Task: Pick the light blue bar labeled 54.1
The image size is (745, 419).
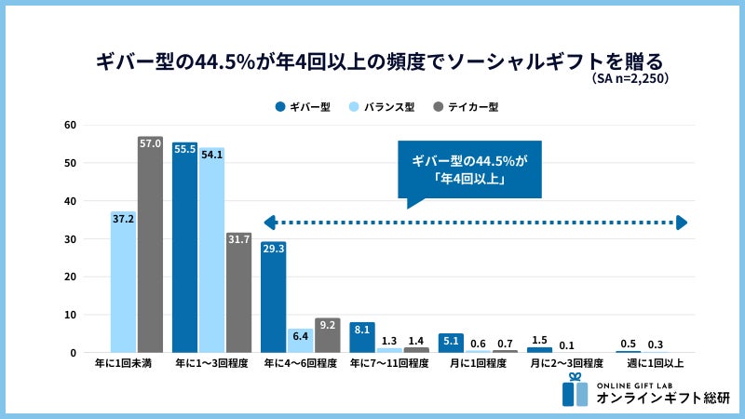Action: coord(211,250)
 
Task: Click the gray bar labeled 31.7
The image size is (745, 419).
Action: coord(238,292)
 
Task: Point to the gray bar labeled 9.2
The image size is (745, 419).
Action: coord(327,335)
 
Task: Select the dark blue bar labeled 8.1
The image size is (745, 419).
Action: coord(362,337)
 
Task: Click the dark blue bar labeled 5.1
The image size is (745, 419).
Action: coord(451,343)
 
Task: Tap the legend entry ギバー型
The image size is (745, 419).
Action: coord(304,107)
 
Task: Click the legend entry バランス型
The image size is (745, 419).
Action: coord(382,107)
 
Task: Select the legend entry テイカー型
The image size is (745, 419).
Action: coord(467,107)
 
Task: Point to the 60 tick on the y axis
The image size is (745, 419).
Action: coord(69,125)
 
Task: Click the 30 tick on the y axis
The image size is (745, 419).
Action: coord(69,239)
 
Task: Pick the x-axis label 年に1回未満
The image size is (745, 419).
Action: coord(123,364)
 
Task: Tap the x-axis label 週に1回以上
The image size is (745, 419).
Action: coord(656,364)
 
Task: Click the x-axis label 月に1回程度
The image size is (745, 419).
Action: coord(477,364)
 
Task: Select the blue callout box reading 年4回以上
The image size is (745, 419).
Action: coord(468,169)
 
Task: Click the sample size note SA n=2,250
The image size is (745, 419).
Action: coord(630,79)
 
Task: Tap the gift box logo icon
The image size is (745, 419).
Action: coord(576,390)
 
